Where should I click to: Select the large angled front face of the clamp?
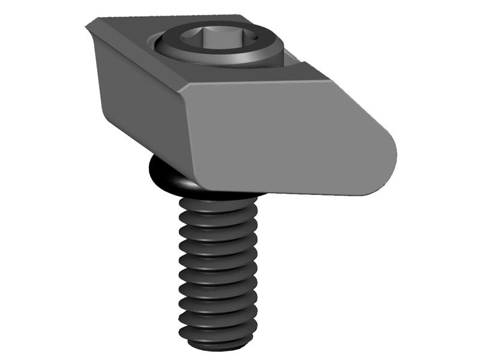tap(282, 138)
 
